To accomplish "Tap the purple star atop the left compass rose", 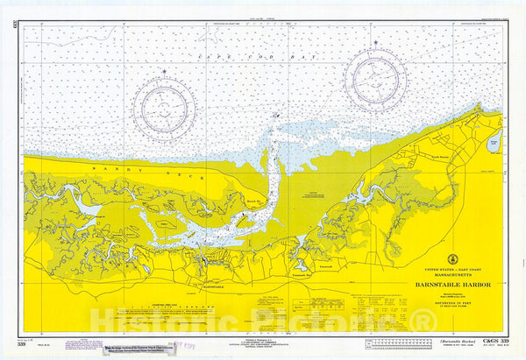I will pyautogui.click(x=163, y=73).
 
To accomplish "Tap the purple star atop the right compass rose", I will pyautogui.click(x=374, y=42).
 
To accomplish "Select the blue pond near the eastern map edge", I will pyautogui.click(x=494, y=144).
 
